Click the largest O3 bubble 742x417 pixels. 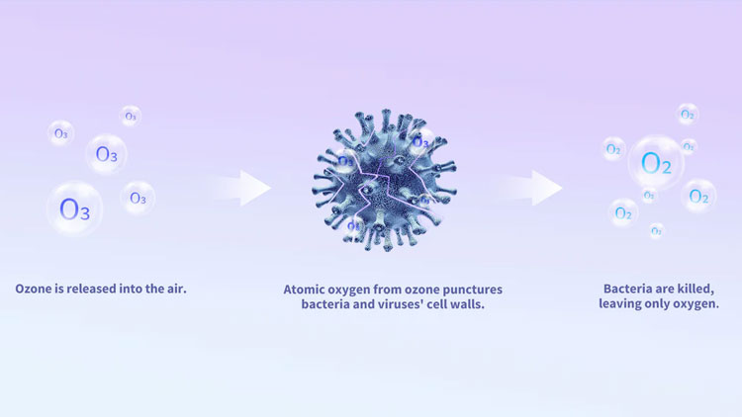(x=75, y=208)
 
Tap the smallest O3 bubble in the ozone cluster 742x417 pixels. (x=131, y=116)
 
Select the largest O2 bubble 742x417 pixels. (x=656, y=163)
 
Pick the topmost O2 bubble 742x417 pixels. (x=688, y=114)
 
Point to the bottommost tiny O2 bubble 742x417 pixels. (x=656, y=231)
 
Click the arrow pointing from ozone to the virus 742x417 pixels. (x=243, y=188)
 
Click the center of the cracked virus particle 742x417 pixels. (x=384, y=181)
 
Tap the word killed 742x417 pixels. (x=696, y=289)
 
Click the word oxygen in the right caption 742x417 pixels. (x=698, y=304)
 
